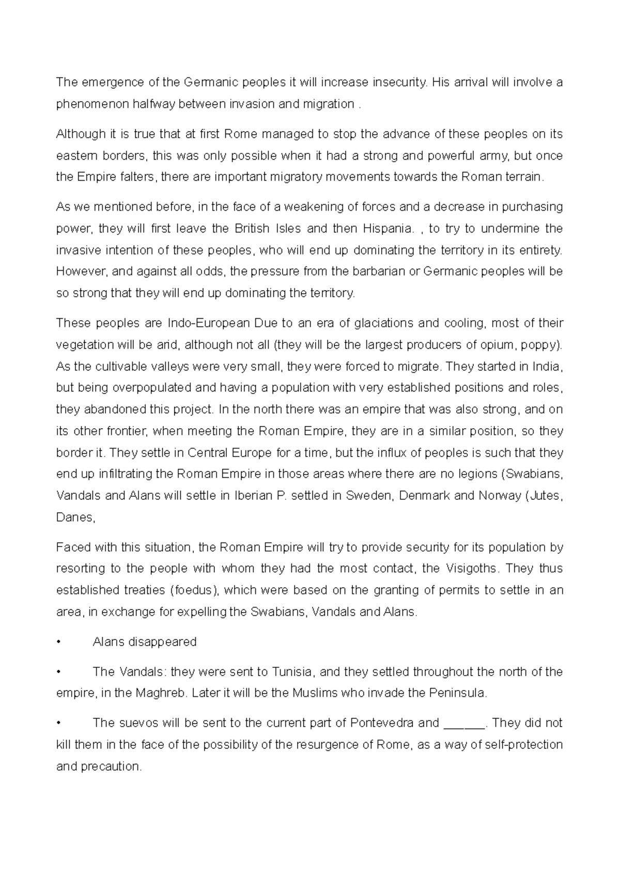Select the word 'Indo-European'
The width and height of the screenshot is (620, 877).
click(209, 323)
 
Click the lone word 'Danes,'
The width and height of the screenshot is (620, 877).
click(76, 518)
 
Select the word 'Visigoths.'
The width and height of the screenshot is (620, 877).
click(470, 569)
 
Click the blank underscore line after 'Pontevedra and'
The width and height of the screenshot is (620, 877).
click(464, 723)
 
